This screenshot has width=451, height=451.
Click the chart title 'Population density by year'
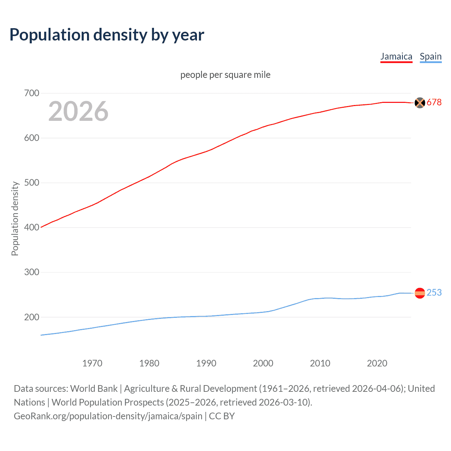click(107, 35)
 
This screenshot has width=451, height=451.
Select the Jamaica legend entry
click(396, 56)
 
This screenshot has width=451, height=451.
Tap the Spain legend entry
click(431, 56)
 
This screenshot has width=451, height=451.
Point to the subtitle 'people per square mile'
click(225, 75)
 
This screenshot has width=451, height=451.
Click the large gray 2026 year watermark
click(78, 111)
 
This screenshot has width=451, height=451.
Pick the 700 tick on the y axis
click(31, 93)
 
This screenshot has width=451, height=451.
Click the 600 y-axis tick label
click(31, 138)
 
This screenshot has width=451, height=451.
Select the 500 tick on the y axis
click(31, 183)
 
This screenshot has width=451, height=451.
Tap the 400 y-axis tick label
click(31, 228)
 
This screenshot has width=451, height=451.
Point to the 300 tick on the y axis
click(31, 272)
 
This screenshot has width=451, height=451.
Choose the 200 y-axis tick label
click(31, 317)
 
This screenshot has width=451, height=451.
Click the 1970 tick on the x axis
click(92, 363)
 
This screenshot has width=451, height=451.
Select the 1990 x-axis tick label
click(206, 363)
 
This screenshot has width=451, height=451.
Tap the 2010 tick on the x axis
click(320, 363)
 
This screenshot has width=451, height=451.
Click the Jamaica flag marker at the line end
click(420, 103)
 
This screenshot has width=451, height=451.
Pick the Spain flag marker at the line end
click(420, 293)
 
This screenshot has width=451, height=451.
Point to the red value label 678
click(434, 103)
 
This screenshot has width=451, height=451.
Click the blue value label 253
click(434, 293)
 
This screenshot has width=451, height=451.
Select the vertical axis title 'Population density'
click(15, 218)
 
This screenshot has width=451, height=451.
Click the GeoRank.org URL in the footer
click(108, 416)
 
